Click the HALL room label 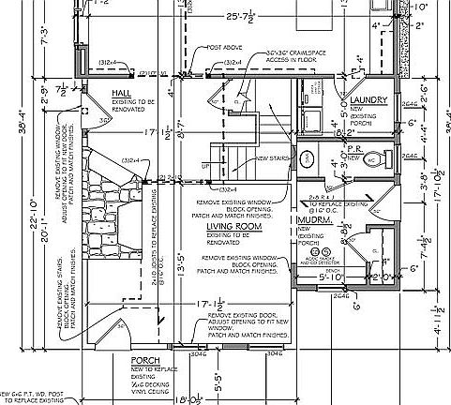[121, 95]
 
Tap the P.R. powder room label [354, 148]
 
